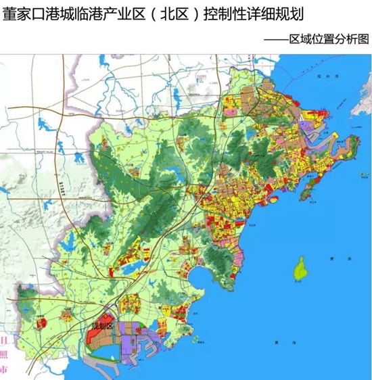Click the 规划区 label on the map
tap(104, 327)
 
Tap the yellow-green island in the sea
tap(298, 269)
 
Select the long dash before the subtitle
tap(277, 40)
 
